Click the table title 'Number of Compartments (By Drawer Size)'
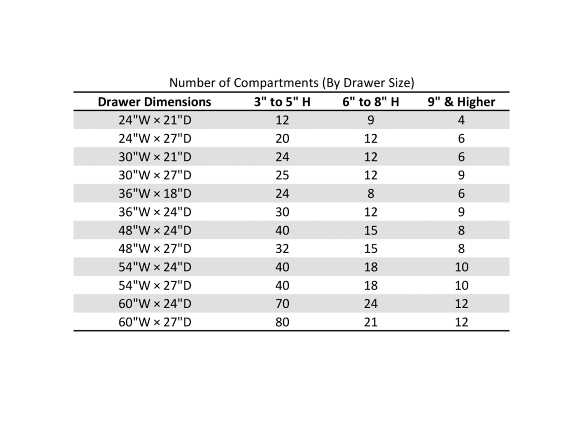click(292, 83)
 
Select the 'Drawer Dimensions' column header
click(155, 102)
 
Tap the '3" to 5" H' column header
click(282, 102)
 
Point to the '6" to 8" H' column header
click(370, 102)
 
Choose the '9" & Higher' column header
click(461, 102)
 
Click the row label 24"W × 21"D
click(155, 120)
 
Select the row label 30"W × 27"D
click(155, 175)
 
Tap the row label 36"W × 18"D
click(155, 194)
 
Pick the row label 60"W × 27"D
click(155, 322)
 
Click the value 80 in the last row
click(282, 322)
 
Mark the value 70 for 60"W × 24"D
click(282, 304)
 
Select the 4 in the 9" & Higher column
click(461, 120)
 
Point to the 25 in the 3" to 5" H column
click(282, 175)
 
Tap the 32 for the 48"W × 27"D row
click(282, 249)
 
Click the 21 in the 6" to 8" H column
click(370, 322)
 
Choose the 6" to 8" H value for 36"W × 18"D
click(370, 194)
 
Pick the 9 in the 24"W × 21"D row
click(370, 120)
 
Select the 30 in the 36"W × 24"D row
click(282, 212)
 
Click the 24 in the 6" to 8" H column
click(370, 304)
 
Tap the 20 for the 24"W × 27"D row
click(282, 139)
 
